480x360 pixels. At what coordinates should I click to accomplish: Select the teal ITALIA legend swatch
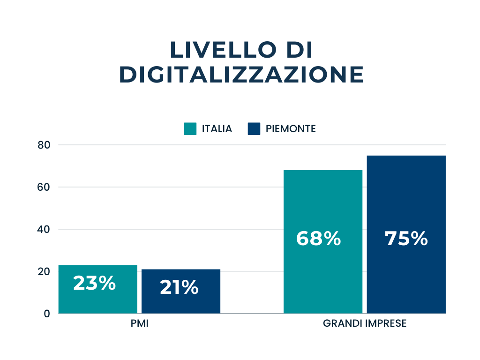point(190,128)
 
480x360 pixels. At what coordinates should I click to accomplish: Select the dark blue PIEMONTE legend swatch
point(254,128)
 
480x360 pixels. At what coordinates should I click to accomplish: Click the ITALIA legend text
point(217,129)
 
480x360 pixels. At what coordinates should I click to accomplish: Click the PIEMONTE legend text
point(291,129)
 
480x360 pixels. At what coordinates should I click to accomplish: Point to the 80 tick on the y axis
point(44,145)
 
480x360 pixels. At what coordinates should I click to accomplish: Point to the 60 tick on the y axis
point(44,187)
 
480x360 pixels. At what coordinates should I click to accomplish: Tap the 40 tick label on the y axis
point(44,229)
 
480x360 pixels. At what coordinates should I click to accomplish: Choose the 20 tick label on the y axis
point(44,271)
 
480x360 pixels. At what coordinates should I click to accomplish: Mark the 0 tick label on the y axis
point(47,314)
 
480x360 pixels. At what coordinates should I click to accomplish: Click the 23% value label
point(94,283)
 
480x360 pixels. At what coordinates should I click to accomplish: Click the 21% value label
point(179,287)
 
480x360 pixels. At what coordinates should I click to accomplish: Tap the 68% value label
point(318,239)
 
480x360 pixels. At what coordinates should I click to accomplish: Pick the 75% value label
point(406,239)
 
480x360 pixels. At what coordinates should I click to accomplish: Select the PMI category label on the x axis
point(140,324)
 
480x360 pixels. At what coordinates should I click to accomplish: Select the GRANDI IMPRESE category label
point(365,324)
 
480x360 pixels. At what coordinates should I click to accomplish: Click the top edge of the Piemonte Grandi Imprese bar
point(406,156)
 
